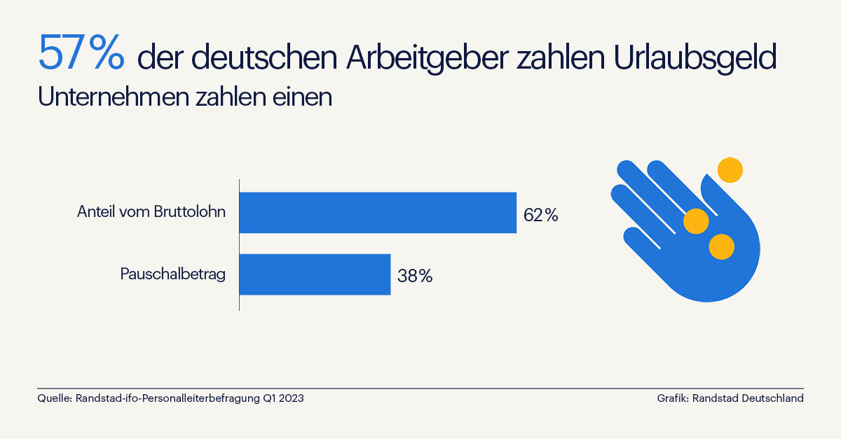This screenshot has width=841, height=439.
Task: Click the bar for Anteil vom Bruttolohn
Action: (378, 212)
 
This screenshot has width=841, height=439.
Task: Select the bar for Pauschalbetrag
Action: (315, 274)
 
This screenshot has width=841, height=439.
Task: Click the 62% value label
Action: (540, 216)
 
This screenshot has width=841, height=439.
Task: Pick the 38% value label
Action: (415, 276)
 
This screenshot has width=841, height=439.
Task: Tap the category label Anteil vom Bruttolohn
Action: (151, 212)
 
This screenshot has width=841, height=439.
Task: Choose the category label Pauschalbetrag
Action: (172, 274)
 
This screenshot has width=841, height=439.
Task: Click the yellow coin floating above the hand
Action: (730, 170)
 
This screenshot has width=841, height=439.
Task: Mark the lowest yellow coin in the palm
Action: (721, 246)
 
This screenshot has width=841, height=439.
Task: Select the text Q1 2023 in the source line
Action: (283, 398)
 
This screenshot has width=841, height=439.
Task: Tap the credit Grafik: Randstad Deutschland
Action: (730, 398)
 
